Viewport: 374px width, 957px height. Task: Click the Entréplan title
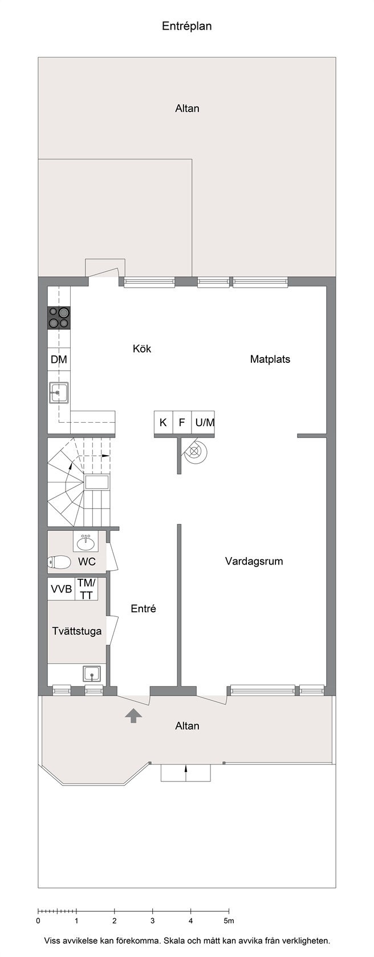(x=187, y=26)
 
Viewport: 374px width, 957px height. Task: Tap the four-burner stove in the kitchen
(x=59, y=318)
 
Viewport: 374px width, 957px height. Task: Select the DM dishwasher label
(x=59, y=359)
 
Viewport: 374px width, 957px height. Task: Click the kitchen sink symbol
(x=59, y=392)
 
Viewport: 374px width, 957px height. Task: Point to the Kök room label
(x=142, y=349)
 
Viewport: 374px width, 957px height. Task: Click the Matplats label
(x=270, y=359)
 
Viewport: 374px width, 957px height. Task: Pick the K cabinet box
(x=163, y=423)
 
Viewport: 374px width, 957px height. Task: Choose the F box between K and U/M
(x=182, y=423)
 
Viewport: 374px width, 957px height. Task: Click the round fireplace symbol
(x=194, y=451)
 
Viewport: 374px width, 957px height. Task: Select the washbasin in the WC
(x=86, y=542)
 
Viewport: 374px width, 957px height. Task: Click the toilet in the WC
(x=59, y=562)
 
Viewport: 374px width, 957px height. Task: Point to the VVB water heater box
(x=61, y=589)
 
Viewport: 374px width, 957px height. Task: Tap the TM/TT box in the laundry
(x=87, y=589)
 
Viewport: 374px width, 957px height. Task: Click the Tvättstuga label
(x=77, y=631)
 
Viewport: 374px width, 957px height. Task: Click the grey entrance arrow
(x=134, y=715)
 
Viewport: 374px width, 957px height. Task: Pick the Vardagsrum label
(x=254, y=561)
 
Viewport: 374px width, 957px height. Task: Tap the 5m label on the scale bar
(x=229, y=921)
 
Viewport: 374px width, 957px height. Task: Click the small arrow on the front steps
(x=185, y=770)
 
